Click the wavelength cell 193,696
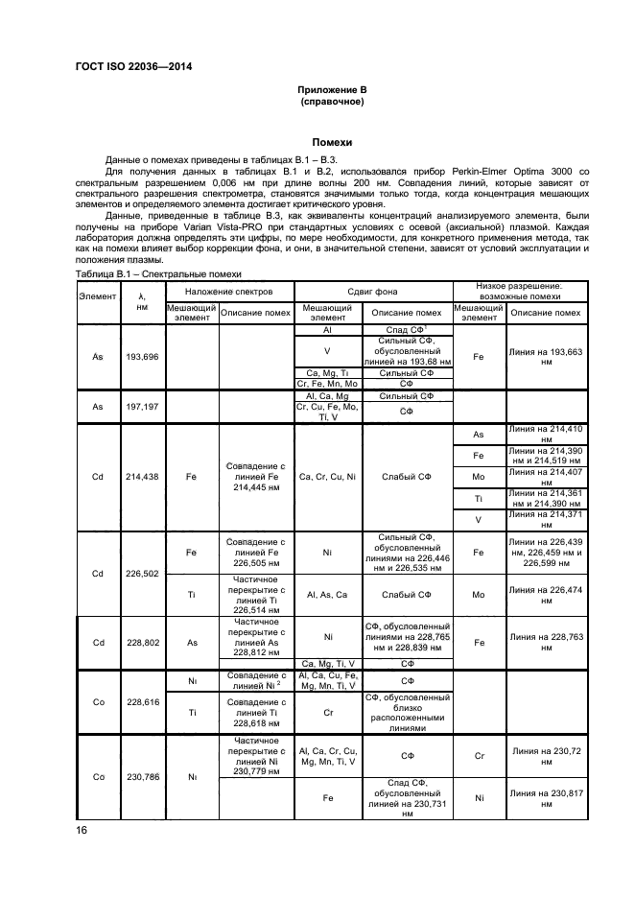pos(142,356)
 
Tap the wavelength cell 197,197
pos(142,406)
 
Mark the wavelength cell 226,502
pos(142,574)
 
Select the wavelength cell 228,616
pos(142,701)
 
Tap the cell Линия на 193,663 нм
pos(546,357)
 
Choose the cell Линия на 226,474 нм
pos(546,594)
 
